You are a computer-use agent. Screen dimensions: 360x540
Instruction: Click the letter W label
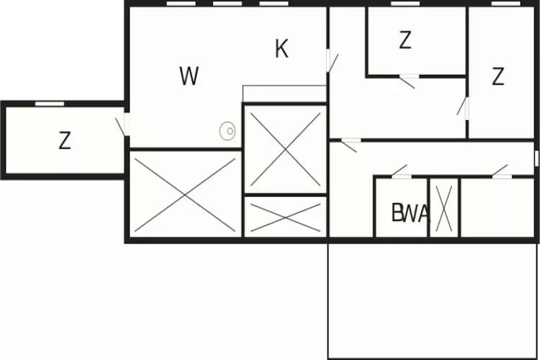point(189,76)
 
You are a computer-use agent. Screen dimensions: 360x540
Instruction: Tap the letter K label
point(282,49)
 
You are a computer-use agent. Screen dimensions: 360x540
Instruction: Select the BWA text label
point(410,213)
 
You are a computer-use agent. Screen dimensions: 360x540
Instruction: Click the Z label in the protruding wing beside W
point(65,141)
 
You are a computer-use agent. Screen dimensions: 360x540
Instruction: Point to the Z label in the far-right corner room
point(498,76)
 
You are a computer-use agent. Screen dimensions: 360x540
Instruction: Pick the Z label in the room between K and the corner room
point(405,41)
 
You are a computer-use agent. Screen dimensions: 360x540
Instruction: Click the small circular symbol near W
point(228,131)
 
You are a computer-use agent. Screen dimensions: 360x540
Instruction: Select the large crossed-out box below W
point(185,192)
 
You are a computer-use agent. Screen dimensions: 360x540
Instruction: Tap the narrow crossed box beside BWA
point(444,207)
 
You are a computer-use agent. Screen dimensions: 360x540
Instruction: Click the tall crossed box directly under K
point(286,149)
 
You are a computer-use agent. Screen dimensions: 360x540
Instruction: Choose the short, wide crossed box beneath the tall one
point(286,217)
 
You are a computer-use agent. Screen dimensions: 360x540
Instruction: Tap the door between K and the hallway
point(331,60)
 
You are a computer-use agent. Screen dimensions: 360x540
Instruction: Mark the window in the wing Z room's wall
point(49,104)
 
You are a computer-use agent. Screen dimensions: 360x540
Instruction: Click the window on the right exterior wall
point(536,158)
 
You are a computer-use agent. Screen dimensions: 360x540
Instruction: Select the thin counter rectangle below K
point(285,94)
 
